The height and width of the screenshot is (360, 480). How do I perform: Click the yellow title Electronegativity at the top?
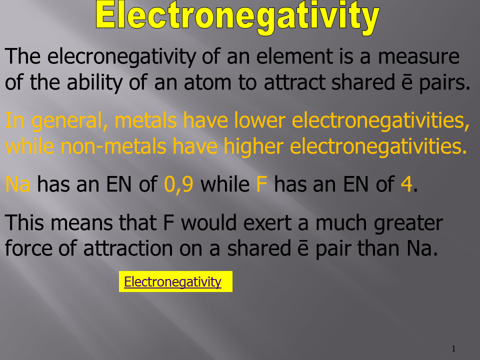click(237, 17)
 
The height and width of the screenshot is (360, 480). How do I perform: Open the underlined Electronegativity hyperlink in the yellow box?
click(172, 281)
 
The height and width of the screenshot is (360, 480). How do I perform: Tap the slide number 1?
click(453, 348)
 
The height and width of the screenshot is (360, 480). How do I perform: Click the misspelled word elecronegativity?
click(121, 56)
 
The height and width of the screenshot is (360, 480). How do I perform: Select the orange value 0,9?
click(179, 184)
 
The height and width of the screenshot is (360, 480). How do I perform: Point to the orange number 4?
click(406, 184)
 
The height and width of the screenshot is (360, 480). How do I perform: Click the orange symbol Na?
click(18, 184)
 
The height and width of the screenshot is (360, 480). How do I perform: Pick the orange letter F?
click(261, 184)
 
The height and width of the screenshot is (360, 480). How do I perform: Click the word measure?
click(419, 56)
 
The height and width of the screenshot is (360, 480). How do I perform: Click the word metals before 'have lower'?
click(145, 120)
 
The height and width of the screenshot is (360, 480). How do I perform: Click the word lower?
click(260, 120)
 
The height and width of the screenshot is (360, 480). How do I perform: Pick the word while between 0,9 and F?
click(225, 184)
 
